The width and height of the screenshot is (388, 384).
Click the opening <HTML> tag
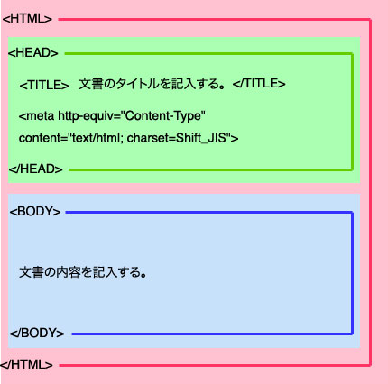point(27,19)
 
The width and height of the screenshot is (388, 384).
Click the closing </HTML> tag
point(26,364)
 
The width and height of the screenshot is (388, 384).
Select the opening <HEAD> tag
point(33,53)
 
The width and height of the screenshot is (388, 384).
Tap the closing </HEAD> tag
point(36,169)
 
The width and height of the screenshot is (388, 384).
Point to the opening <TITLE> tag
point(44,85)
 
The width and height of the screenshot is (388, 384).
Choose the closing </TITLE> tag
point(259,83)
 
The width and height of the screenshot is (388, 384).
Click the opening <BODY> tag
point(35,211)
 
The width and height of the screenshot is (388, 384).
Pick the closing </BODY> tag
point(37,333)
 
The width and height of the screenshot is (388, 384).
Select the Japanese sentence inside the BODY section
point(83,272)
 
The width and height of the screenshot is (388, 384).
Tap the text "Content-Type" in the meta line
point(165,115)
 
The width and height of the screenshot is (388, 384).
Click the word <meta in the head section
point(36,115)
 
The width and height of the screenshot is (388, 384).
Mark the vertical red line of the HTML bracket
point(370,192)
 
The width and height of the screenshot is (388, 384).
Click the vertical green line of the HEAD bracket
point(352,112)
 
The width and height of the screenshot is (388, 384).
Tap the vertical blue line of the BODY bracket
point(352,273)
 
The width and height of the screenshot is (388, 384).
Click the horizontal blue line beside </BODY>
point(212,334)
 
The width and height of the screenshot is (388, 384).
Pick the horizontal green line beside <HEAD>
point(208,54)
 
